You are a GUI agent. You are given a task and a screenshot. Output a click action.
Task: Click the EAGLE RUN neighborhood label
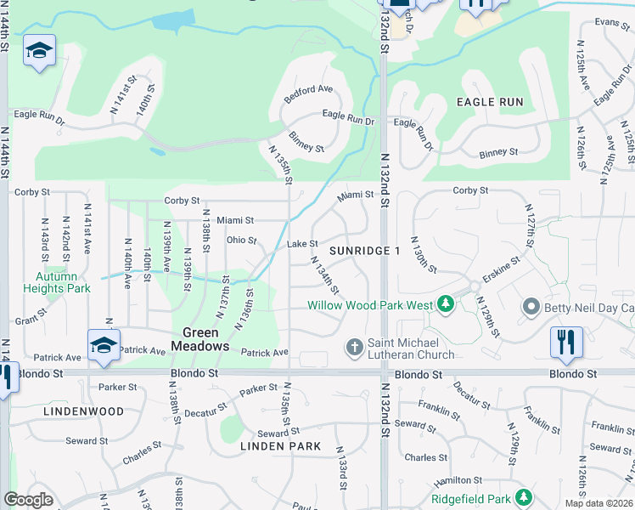(490, 102)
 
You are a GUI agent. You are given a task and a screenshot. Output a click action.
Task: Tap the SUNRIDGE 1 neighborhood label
(364, 252)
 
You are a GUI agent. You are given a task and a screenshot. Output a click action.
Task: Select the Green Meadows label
(200, 339)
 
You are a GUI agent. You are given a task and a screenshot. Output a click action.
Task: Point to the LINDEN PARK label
(280, 446)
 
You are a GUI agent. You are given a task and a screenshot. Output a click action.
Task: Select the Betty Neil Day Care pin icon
(531, 306)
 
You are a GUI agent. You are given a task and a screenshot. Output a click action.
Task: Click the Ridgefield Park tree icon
(525, 497)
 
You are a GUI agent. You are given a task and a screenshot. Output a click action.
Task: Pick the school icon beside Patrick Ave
(104, 345)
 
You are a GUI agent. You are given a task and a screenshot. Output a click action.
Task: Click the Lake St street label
(302, 244)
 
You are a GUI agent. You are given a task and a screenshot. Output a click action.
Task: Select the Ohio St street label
(241, 240)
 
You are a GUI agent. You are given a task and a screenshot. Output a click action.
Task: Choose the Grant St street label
(31, 320)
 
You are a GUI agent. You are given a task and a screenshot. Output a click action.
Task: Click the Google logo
(28, 499)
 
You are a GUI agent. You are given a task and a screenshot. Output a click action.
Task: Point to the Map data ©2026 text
(598, 503)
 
